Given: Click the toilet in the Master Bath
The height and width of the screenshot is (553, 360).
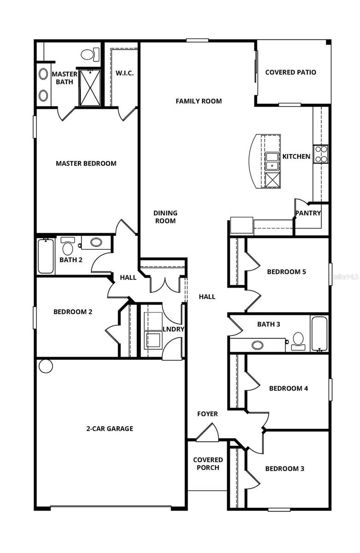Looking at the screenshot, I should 91,54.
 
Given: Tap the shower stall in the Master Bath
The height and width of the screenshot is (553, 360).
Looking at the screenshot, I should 89,88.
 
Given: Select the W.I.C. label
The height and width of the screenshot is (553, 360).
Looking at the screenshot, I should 124,73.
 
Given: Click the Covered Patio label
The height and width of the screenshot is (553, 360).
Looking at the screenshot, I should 290,72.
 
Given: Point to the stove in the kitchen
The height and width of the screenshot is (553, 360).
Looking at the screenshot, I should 320,154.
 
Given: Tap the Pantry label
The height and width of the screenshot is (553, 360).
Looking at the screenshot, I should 308,213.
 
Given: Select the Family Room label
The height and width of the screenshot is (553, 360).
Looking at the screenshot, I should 199,101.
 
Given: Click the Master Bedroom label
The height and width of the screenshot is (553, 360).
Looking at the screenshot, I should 86,163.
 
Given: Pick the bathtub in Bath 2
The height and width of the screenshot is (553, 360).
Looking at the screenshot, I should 45,256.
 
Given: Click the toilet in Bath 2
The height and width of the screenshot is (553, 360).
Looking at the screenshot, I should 68,247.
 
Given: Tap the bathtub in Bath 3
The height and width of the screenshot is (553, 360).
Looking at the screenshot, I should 319,333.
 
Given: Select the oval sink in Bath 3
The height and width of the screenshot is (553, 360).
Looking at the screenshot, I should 257,345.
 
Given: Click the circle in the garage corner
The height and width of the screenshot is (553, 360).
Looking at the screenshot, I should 46,366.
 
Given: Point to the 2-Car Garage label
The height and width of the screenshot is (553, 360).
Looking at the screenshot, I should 110,429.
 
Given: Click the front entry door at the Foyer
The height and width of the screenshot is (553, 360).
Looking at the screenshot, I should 207,433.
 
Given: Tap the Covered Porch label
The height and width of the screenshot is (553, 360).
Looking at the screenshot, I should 208,464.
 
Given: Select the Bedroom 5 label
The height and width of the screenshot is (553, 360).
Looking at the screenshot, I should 286,271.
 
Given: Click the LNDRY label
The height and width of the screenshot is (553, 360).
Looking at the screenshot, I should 173,329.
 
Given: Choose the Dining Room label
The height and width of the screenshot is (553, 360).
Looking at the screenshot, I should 165,217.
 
